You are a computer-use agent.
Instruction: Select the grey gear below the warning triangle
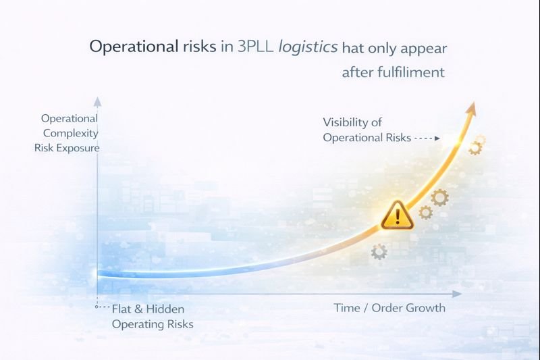[379, 253]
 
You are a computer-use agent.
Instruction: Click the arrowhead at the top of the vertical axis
[97, 103]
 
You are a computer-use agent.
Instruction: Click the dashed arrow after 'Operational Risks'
[427, 138]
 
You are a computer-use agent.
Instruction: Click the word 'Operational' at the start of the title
[123, 48]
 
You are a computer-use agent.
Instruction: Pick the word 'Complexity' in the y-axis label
[71, 132]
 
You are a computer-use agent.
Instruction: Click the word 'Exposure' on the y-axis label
[78, 147]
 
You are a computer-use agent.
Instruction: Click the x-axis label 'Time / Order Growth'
[389, 308]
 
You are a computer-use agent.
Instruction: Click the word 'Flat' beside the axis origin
[123, 310]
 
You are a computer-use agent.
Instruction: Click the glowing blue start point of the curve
[99, 273]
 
